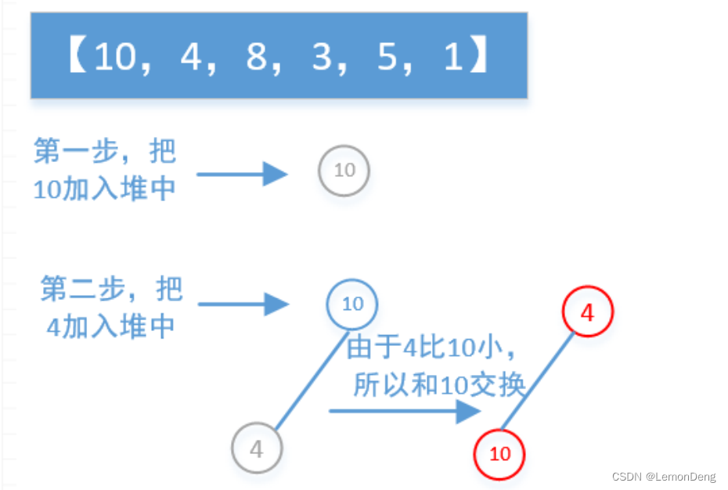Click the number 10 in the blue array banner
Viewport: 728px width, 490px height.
(114, 57)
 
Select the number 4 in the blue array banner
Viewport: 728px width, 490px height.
(190, 57)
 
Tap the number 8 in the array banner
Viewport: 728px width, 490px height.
(256, 57)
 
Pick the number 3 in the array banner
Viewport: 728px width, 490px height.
(322, 57)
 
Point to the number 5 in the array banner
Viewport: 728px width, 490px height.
(387, 57)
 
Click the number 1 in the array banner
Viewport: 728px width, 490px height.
(453, 57)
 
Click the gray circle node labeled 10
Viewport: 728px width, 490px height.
(344, 171)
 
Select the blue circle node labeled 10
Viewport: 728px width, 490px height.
(352, 304)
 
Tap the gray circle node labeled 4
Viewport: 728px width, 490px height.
(257, 449)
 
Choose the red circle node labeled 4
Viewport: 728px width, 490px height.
(587, 313)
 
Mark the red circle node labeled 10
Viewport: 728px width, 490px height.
(499, 453)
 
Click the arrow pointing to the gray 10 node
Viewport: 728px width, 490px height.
(243, 174)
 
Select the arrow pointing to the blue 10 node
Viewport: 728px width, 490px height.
(243, 304)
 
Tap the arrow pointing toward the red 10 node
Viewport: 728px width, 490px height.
(404, 411)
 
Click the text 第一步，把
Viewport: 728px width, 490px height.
(105, 152)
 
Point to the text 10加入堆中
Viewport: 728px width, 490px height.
(105, 189)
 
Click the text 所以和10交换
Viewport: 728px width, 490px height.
(438, 384)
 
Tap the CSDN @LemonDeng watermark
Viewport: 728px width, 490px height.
(663, 477)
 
